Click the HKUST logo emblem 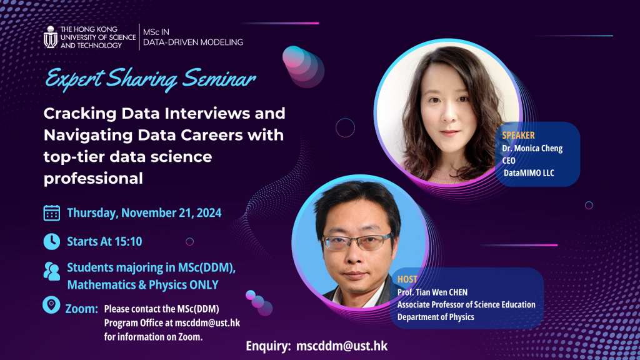tap(51, 37)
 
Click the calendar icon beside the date tap(52, 212)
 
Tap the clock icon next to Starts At tap(51, 241)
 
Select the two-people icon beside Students tap(51, 271)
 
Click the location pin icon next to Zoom tap(51, 305)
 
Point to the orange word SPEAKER tap(518, 135)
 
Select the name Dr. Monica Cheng tap(532, 149)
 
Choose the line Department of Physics tap(436, 317)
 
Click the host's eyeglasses tap(361, 242)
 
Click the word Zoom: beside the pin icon tap(82, 309)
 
